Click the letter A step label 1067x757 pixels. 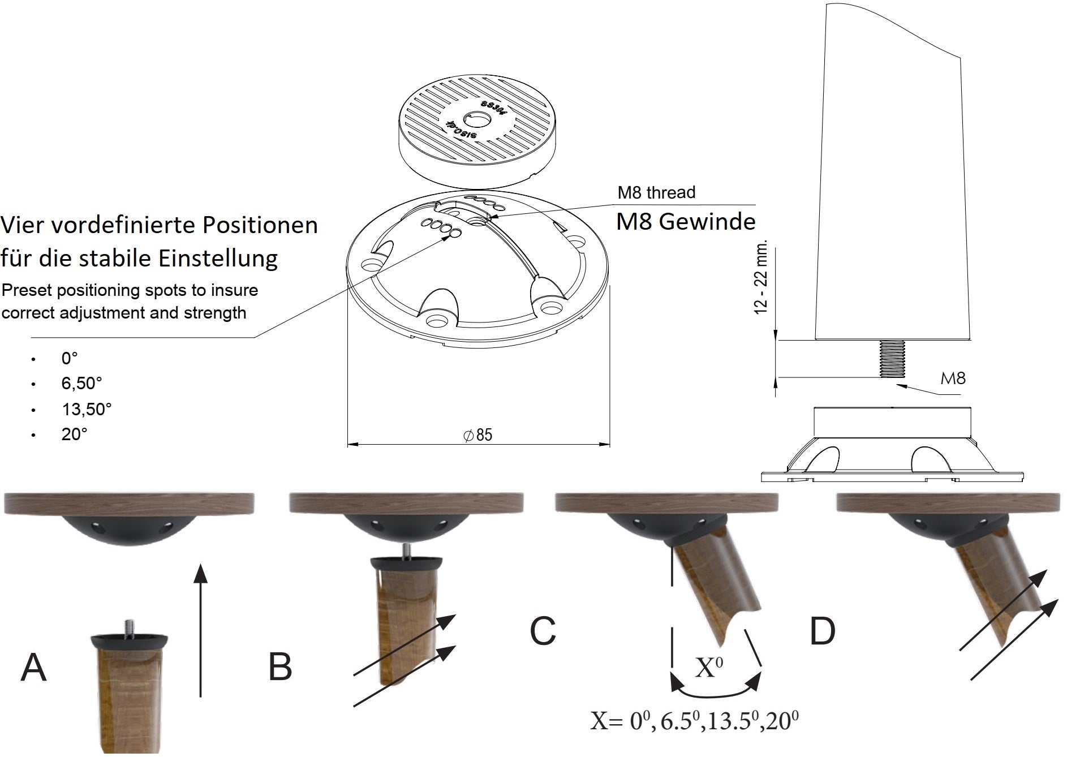(x=33, y=667)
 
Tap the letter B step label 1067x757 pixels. (x=280, y=667)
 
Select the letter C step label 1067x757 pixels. (x=543, y=631)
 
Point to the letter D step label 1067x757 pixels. (x=823, y=631)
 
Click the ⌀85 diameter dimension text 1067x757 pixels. (x=478, y=435)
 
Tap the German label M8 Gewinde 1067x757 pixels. (x=686, y=221)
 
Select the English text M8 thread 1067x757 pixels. (x=656, y=192)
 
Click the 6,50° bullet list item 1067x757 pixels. (x=81, y=383)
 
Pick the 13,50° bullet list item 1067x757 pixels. (x=87, y=409)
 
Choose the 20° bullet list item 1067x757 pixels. (x=74, y=434)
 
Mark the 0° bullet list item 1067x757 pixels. (x=70, y=358)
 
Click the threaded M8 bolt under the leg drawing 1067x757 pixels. (x=891, y=359)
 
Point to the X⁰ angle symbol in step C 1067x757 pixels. (x=709, y=667)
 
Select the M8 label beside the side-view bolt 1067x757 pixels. (x=953, y=378)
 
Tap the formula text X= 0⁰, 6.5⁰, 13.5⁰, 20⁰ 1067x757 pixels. (x=695, y=721)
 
